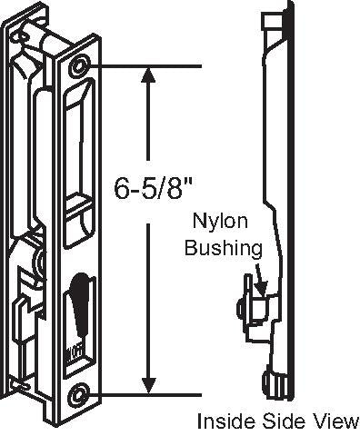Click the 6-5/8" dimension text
[155, 190]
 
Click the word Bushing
[224, 247]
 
